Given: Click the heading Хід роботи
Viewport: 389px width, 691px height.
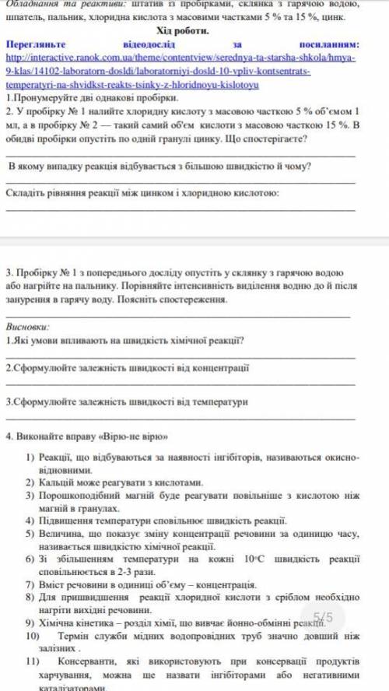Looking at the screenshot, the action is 184,30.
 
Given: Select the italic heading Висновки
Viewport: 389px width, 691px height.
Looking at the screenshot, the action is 27,328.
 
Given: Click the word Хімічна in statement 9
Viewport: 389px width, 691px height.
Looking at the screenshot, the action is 58,623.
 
